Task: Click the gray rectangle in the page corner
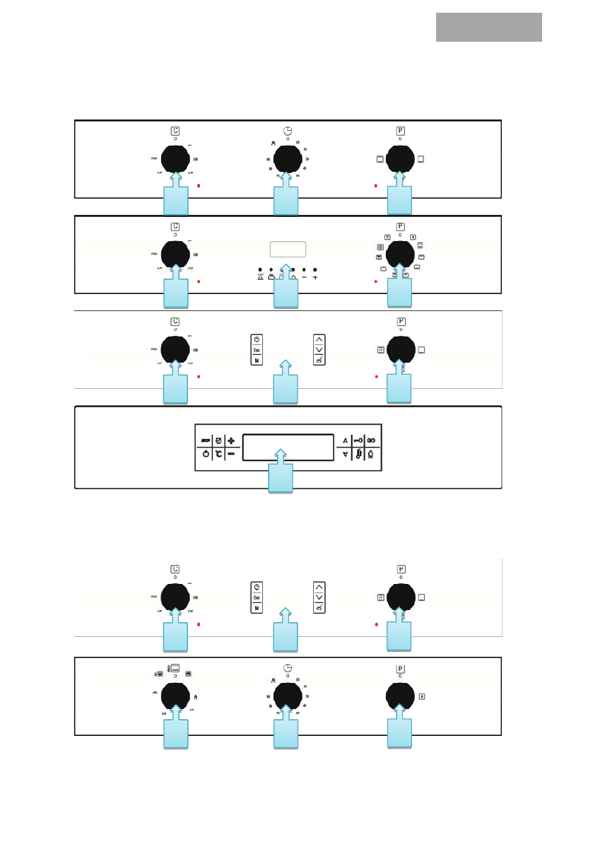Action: click(488, 27)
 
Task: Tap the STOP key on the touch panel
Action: click(205, 440)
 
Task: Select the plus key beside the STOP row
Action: click(231, 440)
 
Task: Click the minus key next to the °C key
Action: click(231, 454)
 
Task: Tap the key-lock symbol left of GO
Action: click(358, 440)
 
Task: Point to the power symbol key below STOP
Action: click(205, 454)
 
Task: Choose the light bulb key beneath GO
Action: click(371, 454)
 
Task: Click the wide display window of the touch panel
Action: click(287, 448)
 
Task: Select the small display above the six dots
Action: click(287, 250)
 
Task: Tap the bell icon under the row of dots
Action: click(260, 278)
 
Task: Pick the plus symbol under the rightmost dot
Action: click(315, 278)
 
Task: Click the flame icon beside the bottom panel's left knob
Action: click(195, 697)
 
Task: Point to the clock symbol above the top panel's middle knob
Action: click(287, 131)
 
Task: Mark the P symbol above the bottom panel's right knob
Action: click(400, 667)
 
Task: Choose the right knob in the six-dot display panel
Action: click(400, 254)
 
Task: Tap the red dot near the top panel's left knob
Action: click(199, 186)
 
